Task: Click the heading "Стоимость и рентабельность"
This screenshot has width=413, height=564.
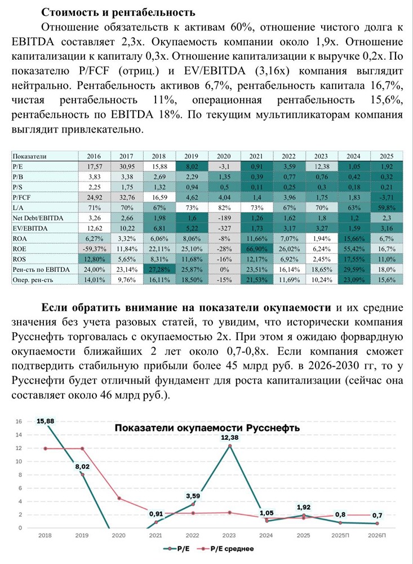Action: click(118, 12)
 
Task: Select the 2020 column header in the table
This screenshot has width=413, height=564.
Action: click(224, 156)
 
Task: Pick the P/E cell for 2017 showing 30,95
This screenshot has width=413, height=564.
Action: click(127, 166)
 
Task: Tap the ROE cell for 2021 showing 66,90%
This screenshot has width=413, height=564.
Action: click(256, 249)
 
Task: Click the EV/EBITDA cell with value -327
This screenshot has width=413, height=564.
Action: click(224, 228)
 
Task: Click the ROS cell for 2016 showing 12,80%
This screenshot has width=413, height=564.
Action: click(95, 259)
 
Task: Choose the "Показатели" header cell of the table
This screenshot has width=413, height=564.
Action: click(29, 156)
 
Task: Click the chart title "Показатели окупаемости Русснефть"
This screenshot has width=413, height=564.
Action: click(207, 428)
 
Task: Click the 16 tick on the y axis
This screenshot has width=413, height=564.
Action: click(18, 421)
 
